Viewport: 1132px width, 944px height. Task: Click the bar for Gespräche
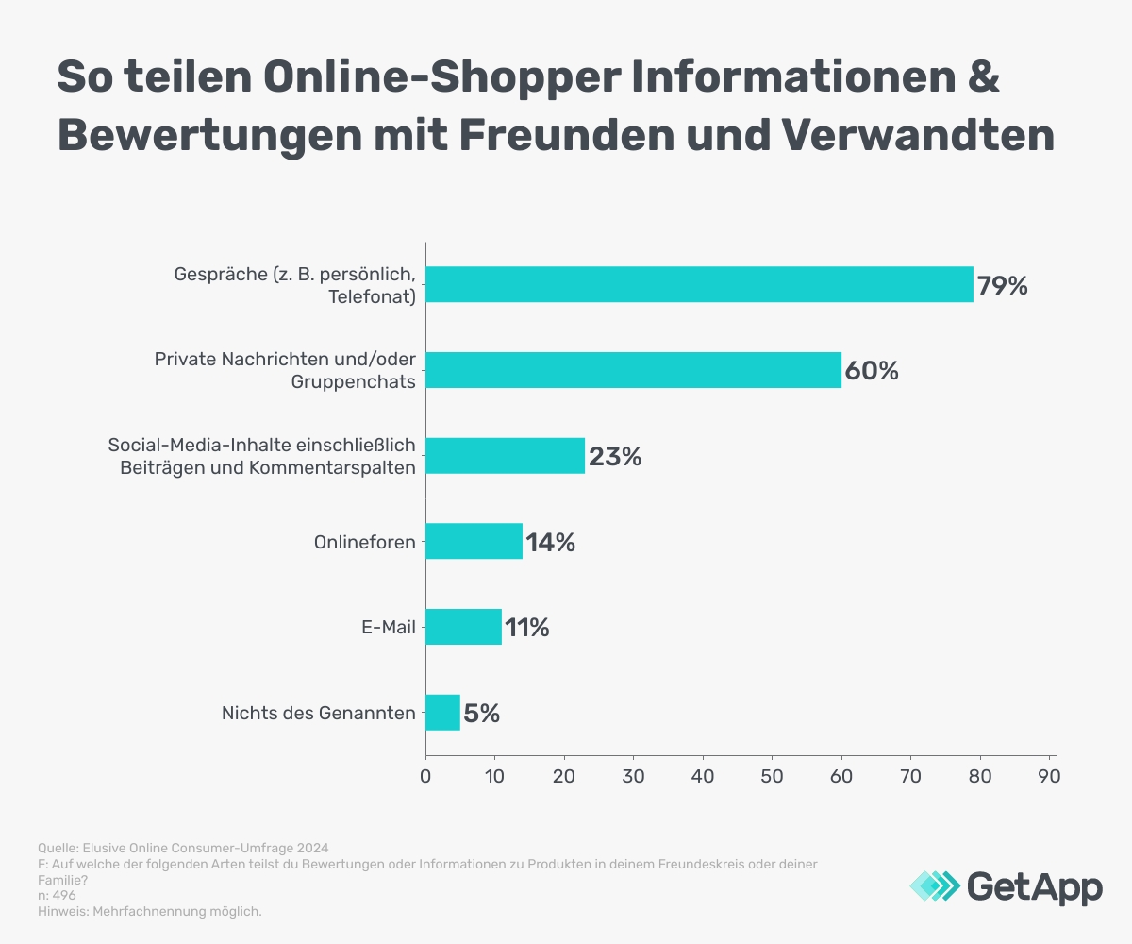click(x=699, y=284)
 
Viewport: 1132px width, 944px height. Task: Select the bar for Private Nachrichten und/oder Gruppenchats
click(x=633, y=370)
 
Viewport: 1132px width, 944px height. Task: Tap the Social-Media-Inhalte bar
click(x=505, y=456)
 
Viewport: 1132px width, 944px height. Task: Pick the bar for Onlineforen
click(x=474, y=542)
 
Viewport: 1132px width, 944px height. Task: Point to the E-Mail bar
click(x=463, y=627)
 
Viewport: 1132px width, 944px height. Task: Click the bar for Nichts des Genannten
click(x=442, y=713)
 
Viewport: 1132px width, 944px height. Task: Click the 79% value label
click(x=1002, y=285)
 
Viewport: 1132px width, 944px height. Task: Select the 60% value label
click(x=871, y=371)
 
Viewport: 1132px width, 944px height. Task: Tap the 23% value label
click(x=615, y=457)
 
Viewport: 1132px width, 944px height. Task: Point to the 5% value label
click(x=481, y=714)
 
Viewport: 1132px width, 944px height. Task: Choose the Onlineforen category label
click(x=365, y=543)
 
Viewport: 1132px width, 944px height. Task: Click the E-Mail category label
click(x=390, y=628)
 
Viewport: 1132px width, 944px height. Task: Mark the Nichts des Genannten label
click(x=318, y=714)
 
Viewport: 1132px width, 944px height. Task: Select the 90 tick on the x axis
click(x=1049, y=776)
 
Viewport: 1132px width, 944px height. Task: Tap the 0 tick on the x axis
click(x=425, y=776)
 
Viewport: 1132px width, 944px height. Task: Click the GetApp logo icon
click(x=935, y=885)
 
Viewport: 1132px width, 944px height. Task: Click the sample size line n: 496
click(x=57, y=895)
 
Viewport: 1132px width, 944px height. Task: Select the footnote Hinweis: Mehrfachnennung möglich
click(x=150, y=911)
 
